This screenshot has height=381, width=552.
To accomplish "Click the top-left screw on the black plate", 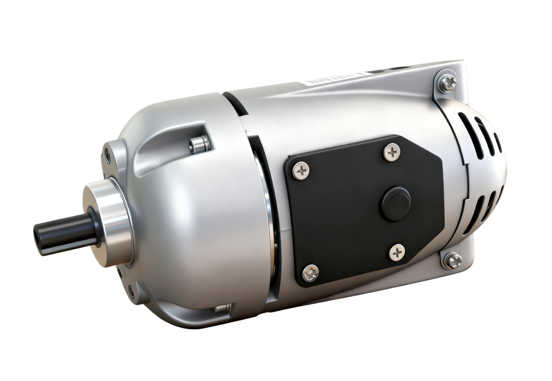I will (x=301, y=171).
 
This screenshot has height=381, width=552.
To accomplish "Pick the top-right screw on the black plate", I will (x=391, y=152).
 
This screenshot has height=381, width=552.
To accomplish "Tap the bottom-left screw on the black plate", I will (x=310, y=273).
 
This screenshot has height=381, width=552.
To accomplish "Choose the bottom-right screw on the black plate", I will (x=397, y=252).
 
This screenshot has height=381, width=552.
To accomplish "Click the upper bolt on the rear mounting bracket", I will (x=447, y=83).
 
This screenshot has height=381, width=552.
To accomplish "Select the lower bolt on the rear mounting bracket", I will (x=453, y=261).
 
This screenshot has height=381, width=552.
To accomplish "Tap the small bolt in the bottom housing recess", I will (x=222, y=308).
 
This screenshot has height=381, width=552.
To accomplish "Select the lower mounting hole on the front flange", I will (x=131, y=292).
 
